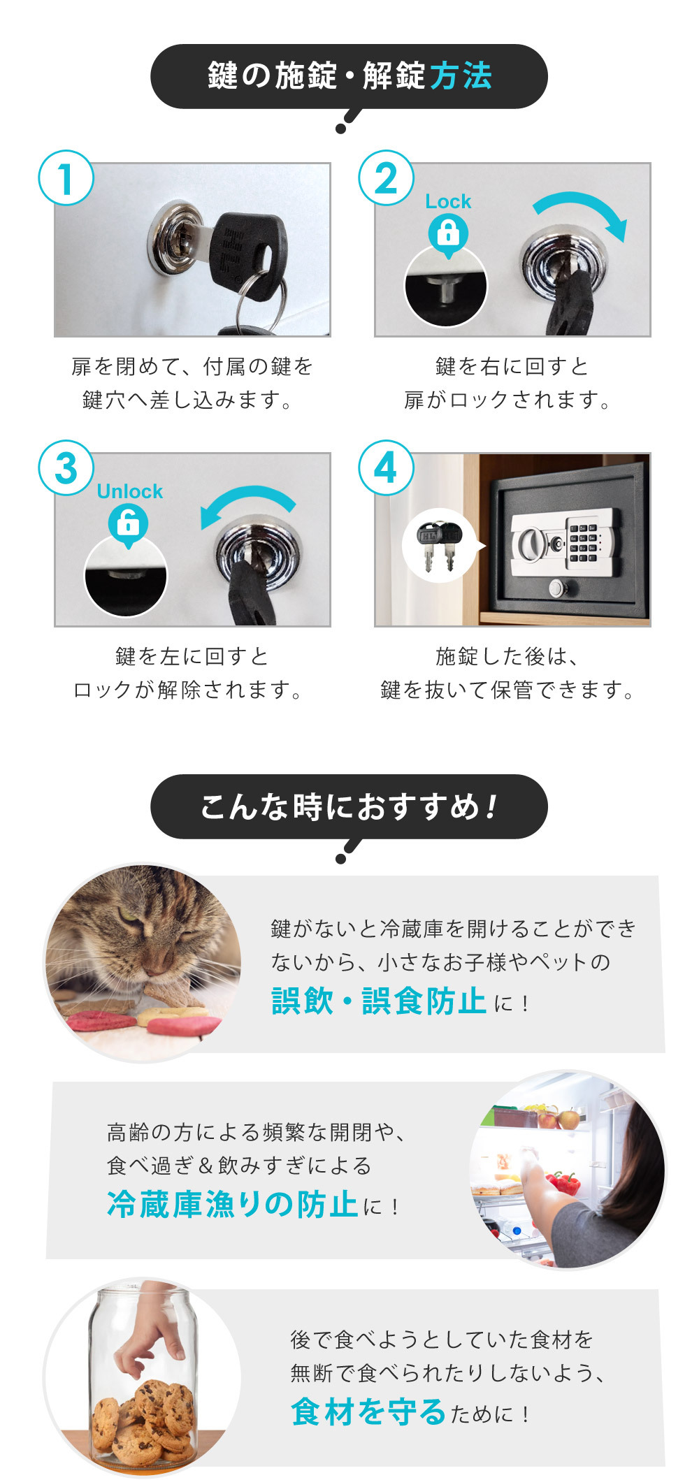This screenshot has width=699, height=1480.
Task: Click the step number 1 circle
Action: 66,178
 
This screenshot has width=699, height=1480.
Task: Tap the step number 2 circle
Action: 386,178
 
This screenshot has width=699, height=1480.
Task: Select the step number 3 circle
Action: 66,468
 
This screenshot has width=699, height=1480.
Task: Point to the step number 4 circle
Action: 386,468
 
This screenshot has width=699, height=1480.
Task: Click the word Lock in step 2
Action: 448,202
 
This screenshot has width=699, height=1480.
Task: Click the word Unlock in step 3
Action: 129,492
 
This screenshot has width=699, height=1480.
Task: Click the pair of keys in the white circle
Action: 438,546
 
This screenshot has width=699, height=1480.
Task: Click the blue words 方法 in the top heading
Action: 461,75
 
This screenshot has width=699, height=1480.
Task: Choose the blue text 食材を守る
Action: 368,1411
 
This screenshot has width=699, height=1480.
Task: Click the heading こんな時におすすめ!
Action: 349,806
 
